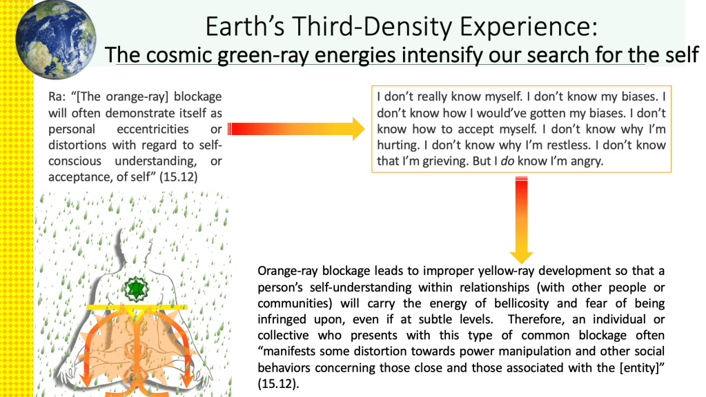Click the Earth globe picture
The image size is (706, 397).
(55, 39)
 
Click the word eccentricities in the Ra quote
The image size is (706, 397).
(153, 129)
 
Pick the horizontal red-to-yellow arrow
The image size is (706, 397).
(296, 129)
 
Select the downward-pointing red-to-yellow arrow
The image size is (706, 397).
(522, 220)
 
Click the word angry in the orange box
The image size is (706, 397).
(587, 161)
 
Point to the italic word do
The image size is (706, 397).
(507, 161)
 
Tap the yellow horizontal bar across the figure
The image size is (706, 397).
(137, 307)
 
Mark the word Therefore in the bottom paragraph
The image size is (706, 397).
(536, 319)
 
